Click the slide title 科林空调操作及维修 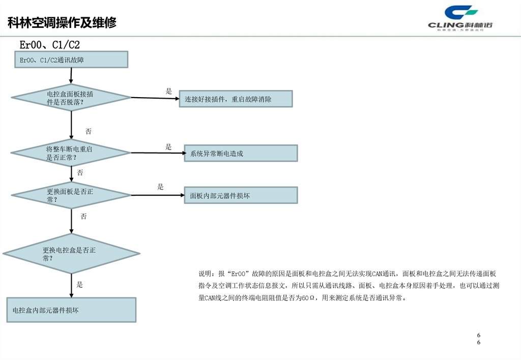pos(62,23)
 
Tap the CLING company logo pos(461,19)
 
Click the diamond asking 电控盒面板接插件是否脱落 pos(71,98)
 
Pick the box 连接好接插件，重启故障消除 pos(236,99)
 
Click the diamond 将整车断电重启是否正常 pos(71,153)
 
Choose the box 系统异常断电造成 pos(241,154)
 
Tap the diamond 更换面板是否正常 pos(71,195)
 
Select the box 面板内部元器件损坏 pos(241,195)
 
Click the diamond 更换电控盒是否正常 pos(71,253)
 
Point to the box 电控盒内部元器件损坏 pos(71,310)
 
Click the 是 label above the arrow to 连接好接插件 pos(169,91)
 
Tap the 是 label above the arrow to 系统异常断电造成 pos(168,147)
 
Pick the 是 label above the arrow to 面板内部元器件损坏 pos(161,187)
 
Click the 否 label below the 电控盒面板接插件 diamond pos(89,132)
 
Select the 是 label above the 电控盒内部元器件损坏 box pos(80,285)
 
